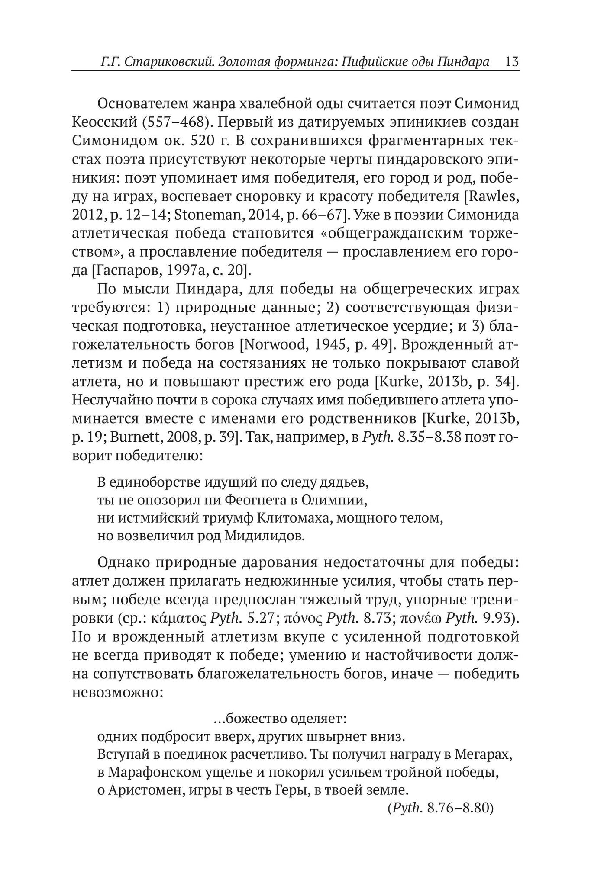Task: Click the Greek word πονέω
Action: pyautogui.click(x=420, y=618)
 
